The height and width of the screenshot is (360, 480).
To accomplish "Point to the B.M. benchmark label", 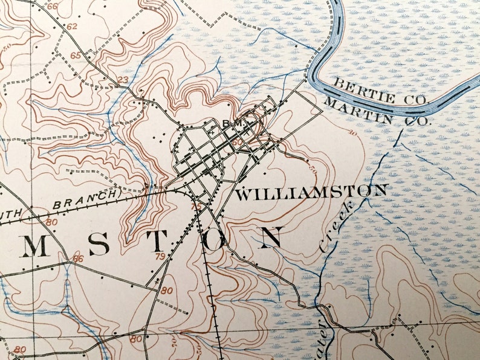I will [x=232, y=124].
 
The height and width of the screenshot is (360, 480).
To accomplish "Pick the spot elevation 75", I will [x=196, y=207].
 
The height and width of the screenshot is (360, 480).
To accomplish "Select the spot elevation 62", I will [x=73, y=27].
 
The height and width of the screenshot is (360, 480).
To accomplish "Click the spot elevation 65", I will [x=76, y=56].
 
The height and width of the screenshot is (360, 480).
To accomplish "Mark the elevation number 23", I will [x=123, y=80].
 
